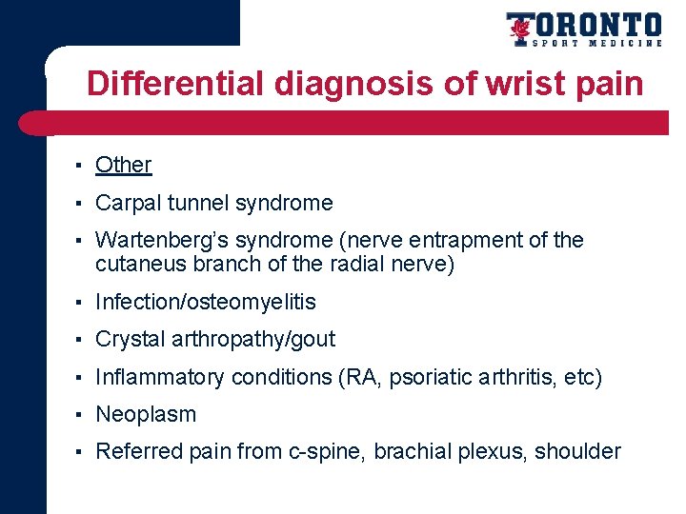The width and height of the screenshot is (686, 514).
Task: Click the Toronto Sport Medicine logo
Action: pyautogui.click(x=583, y=30)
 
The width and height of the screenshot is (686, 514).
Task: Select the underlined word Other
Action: pyautogui.click(x=124, y=165)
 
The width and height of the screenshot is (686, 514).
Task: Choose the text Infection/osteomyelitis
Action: pyautogui.click(x=206, y=303)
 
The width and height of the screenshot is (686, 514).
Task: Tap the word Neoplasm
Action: pyautogui.click(x=146, y=415)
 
